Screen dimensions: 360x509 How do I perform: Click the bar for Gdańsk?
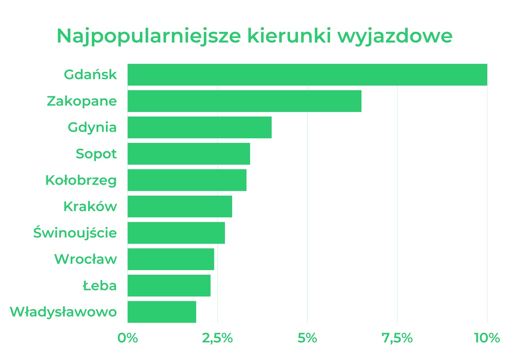click(x=307, y=75)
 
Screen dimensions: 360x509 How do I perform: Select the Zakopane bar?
click(x=244, y=101)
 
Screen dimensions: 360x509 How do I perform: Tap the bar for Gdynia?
click(x=199, y=127)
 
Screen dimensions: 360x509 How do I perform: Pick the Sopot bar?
click(x=189, y=154)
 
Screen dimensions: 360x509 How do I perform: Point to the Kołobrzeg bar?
click(x=187, y=180)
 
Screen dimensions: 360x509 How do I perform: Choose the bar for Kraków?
click(x=180, y=206)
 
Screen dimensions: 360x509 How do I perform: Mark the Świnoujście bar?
click(x=176, y=233)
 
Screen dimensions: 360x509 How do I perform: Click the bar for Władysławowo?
click(x=162, y=312)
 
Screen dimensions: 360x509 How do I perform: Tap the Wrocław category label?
click(x=85, y=259)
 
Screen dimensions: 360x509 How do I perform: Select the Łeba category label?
click(x=99, y=285)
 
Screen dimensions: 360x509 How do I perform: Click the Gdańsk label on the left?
click(x=90, y=75)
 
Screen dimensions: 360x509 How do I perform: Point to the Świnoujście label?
click(x=75, y=233)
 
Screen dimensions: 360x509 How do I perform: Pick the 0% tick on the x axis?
click(x=128, y=338)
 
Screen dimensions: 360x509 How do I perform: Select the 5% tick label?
click(x=308, y=338)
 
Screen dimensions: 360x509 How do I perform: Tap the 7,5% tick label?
click(x=397, y=338)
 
